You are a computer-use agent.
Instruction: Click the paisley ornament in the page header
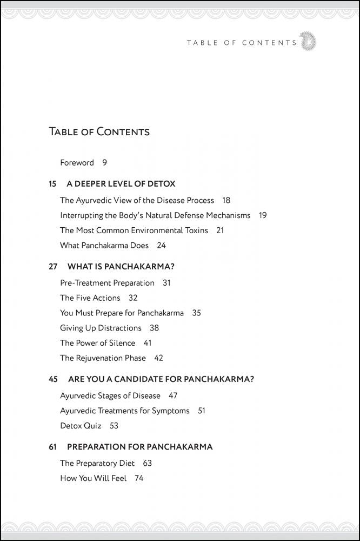[308, 42]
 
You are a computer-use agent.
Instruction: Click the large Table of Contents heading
[99, 131]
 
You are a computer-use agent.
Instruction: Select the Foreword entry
[77, 162]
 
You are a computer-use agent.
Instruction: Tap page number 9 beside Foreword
[104, 162]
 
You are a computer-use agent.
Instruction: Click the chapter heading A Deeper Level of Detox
[124, 184]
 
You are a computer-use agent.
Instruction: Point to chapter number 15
[52, 184]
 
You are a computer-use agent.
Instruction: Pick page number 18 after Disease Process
[226, 200]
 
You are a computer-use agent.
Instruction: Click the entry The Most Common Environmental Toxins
[134, 230]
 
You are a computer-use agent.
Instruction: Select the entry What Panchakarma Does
[104, 245]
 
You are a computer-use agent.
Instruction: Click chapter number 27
[53, 267]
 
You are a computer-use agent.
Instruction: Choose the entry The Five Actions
[90, 298]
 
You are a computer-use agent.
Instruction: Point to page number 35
[196, 313]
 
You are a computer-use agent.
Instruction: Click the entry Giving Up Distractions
[101, 328]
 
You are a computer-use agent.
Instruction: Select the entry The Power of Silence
[97, 343]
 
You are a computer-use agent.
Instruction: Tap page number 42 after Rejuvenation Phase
[158, 358]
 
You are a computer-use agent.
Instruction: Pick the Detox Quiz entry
[81, 426]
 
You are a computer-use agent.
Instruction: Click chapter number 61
[52, 447]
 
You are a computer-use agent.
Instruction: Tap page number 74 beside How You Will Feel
[139, 478]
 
